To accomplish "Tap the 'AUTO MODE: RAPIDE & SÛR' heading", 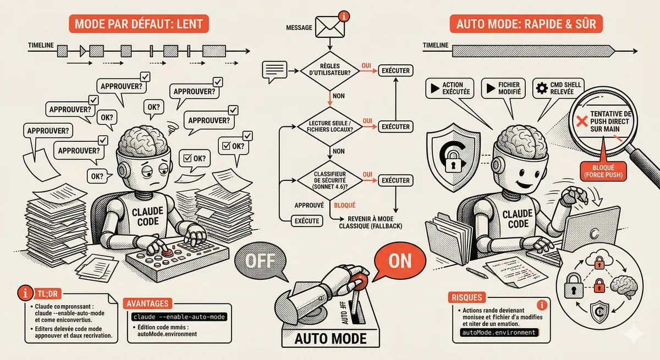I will [525, 24].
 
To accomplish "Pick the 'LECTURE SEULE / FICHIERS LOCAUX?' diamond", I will [329, 126].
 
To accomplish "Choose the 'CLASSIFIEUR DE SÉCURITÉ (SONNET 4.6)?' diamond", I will [329, 180].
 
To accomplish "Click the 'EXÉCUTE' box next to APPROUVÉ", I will [307, 220].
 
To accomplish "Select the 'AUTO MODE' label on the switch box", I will [329, 336].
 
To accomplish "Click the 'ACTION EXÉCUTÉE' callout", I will [449, 88].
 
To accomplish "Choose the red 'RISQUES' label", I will [469, 297].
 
